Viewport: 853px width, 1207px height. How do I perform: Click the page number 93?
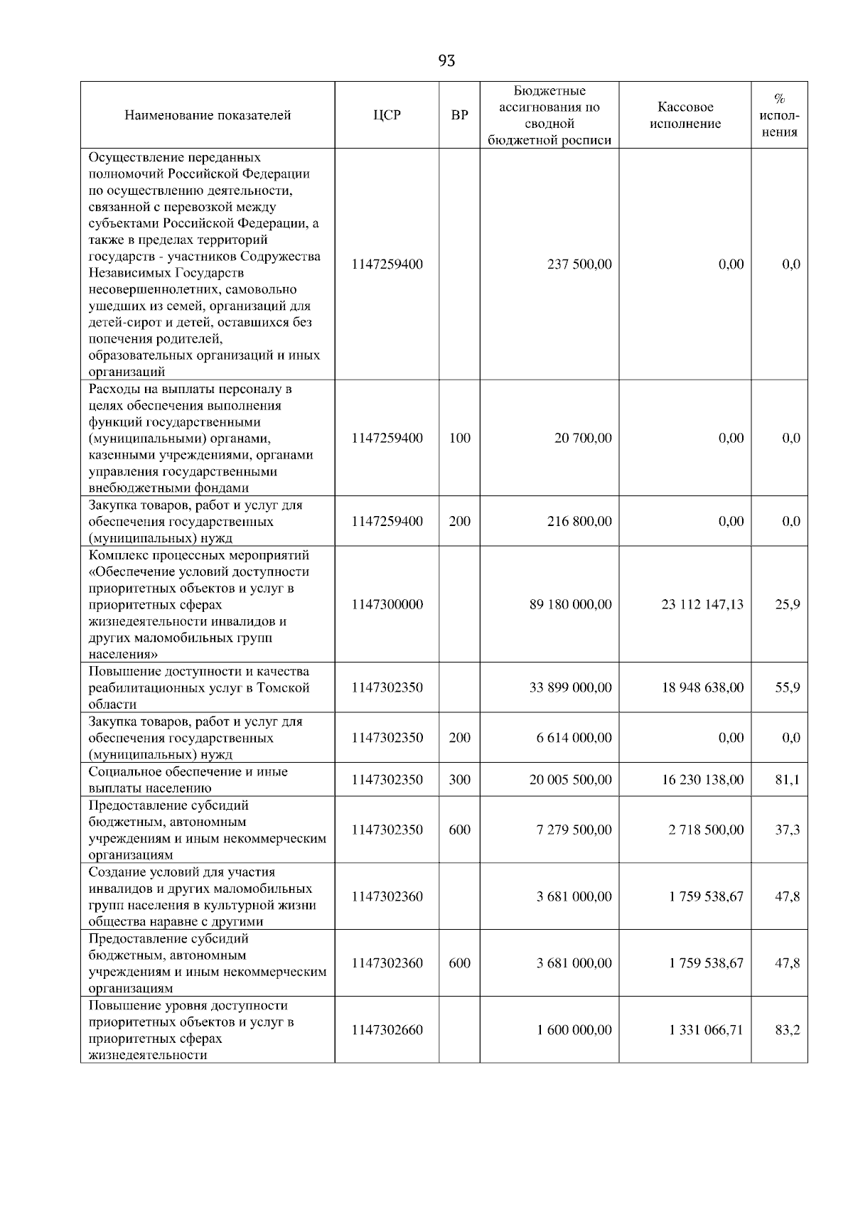pyautogui.click(x=446, y=61)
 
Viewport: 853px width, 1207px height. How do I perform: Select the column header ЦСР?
pyautogui.click(x=387, y=115)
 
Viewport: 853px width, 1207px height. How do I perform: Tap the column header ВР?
pyautogui.click(x=459, y=115)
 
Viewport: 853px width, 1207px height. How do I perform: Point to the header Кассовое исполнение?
pyautogui.click(x=685, y=115)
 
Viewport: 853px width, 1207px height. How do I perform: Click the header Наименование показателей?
pyautogui.click(x=208, y=115)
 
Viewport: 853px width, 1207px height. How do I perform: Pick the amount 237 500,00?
pyautogui.click(x=579, y=264)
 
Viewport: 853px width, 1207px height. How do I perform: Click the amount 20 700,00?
pyautogui.click(x=583, y=438)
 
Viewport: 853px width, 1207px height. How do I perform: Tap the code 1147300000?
pyautogui.click(x=387, y=604)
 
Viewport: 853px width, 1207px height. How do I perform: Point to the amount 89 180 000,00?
pyautogui.click(x=570, y=604)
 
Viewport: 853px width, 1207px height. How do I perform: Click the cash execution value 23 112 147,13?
pyautogui.click(x=702, y=604)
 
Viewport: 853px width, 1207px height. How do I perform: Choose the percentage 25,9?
pyautogui.click(x=788, y=604)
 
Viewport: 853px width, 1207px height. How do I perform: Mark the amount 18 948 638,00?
pyautogui.click(x=702, y=687)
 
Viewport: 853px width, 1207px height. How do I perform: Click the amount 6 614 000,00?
pyautogui.click(x=574, y=737)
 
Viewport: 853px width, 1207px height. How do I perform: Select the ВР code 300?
pyautogui.click(x=459, y=780)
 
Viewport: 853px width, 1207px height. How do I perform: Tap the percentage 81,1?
pyautogui.click(x=788, y=780)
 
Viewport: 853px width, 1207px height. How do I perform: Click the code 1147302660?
pyautogui.click(x=387, y=1030)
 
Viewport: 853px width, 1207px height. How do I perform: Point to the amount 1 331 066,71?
pyautogui.click(x=706, y=1030)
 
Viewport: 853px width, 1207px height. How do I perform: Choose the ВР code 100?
pyautogui.click(x=459, y=438)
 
